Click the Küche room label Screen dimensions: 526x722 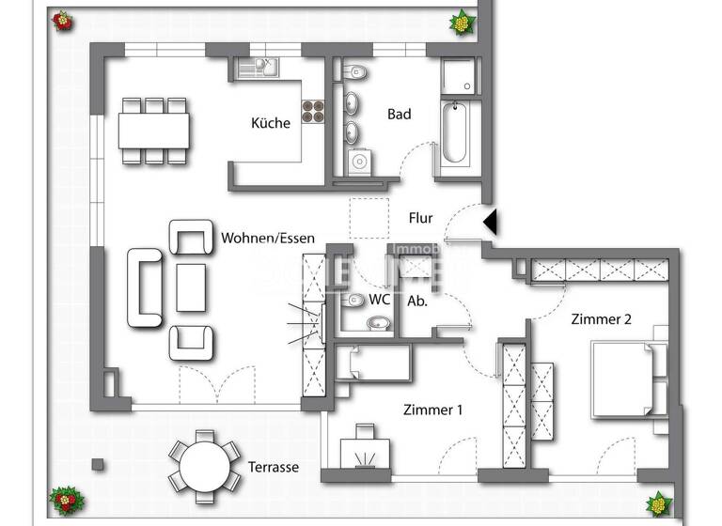pos(270,122)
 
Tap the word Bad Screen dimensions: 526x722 pos(400,114)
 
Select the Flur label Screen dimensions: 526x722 pos(420,218)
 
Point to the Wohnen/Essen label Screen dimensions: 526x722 pos(268,239)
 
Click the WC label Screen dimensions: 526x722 pos(380,300)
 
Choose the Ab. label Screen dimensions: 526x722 pos(417,302)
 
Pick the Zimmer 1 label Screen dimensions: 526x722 pos(432,410)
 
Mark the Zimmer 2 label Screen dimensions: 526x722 pos(601,318)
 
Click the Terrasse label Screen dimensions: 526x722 pos(274,467)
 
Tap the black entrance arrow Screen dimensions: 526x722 pos(490,222)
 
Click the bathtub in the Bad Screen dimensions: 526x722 pos(457,134)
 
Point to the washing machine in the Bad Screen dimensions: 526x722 pos(359,162)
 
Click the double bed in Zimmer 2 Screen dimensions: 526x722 pos(626,379)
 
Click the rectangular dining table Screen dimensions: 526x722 pos(153,131)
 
